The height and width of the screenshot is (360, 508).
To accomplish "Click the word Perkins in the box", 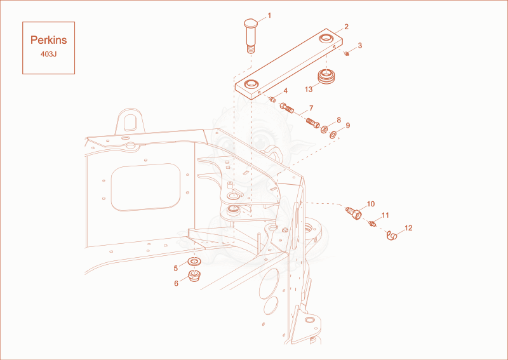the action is pyautogui.click(x=49, y=40).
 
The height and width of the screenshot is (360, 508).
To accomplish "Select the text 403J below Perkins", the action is pyautogui.click(x=49, y=54).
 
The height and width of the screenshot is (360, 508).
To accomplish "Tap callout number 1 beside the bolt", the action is pyautogui.click(x=269, y=15).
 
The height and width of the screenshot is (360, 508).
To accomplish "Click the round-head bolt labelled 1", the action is pyautogui.click(x=250, y=36).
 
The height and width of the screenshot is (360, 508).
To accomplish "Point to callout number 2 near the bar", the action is pyautogui.click(x=346, y=27).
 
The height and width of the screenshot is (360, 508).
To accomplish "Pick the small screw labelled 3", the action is pyautogui.click(x=347, y=53).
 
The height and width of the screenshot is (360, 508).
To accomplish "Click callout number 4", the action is pyautogui.click(x=285, y=91).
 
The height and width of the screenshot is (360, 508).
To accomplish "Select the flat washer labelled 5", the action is pyautogui.click(x=194, y=261).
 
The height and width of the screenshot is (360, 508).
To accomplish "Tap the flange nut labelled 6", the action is pyautogui.click(x=194, y=276).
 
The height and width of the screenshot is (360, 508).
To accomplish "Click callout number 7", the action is pyautogui.click(x=311, y=108).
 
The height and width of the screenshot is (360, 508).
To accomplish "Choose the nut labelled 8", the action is pyautogui.click(x=324, y=130).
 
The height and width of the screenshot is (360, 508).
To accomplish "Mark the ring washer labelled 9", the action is pyautogui.click(x=333, y=134).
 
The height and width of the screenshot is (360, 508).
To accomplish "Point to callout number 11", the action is pyautogui.click(x=385, y=215).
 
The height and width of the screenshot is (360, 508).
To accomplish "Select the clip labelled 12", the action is pyautogui.click(x=392, y=236).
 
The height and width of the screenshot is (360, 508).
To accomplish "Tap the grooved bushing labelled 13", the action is pyautogui.click(x=325, y=77).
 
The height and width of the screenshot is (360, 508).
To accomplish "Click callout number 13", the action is pyautogui.click(x=309, y=89).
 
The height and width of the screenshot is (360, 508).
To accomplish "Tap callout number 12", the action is pyautogui.click(x=408, y=228).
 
